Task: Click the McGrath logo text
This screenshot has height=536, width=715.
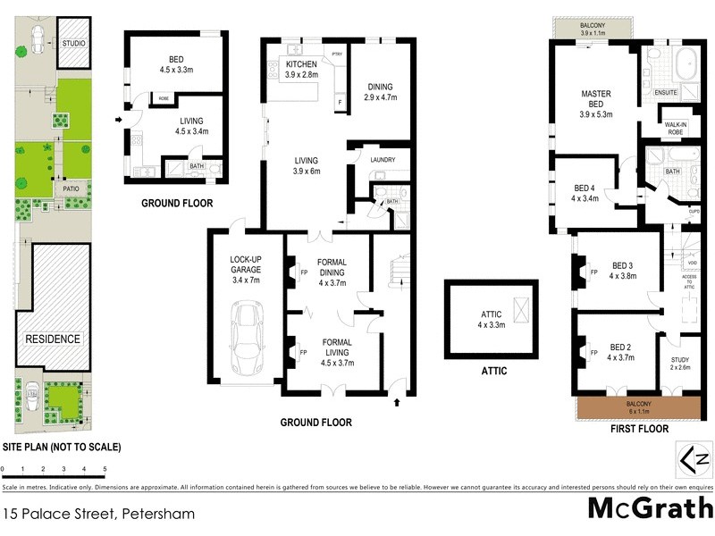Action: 650,508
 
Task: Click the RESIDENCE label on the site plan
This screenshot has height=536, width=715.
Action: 53,339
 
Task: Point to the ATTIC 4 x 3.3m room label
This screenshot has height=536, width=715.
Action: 491,320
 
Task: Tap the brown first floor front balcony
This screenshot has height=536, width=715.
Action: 638,406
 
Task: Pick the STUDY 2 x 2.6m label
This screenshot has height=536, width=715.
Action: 679,363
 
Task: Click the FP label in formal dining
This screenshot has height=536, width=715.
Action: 302,272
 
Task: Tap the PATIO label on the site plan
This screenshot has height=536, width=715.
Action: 71,189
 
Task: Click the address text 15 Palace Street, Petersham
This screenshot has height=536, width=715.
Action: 98,514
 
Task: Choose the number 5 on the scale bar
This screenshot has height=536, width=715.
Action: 105,468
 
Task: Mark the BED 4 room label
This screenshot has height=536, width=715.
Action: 586,193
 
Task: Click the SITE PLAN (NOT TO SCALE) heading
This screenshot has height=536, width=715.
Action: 61,447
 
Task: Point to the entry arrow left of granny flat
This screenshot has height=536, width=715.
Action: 119,118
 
